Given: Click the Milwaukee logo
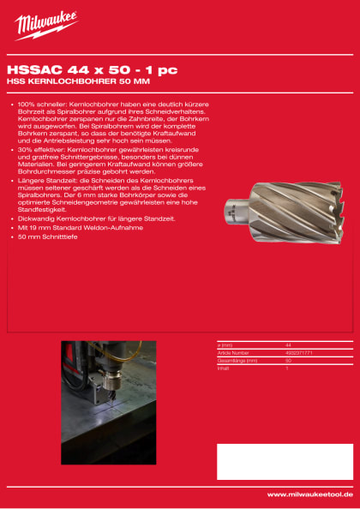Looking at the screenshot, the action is (45, 26).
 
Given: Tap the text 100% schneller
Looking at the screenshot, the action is (39, 104).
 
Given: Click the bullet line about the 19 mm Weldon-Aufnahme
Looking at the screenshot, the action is (77, 228).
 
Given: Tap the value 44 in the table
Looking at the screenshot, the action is (288, 344).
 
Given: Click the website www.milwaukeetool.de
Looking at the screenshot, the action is (309, 494).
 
